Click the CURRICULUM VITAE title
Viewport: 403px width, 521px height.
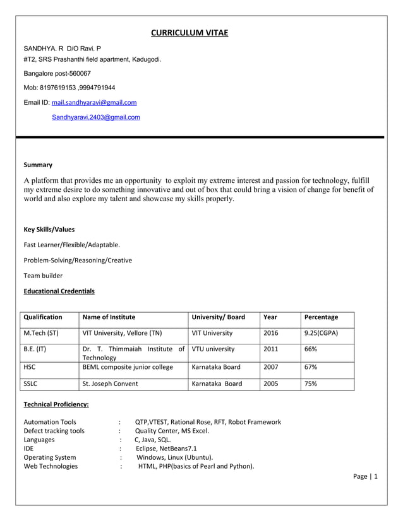coord(189,33)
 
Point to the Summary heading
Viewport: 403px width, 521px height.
coord(38,165)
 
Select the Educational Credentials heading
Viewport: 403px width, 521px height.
coord(59,291)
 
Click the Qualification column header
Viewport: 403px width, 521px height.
coord(43,317)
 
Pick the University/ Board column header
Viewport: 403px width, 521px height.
coord(218,317)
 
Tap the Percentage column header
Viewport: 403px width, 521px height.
coord(321,317)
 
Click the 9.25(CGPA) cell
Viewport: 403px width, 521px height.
coord(321,333)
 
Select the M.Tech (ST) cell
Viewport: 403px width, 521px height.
coord(41,333)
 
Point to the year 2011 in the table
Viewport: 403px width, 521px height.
coord(270,349)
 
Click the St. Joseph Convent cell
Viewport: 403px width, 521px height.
coord(111,383)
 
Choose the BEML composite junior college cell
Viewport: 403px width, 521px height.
coord(128,366)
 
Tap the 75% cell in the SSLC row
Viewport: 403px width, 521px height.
coord(311,383)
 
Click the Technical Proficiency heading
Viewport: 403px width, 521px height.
coord(56,404)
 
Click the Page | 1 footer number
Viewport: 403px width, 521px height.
coord(366,476)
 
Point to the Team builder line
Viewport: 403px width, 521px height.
coord(43,276)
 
